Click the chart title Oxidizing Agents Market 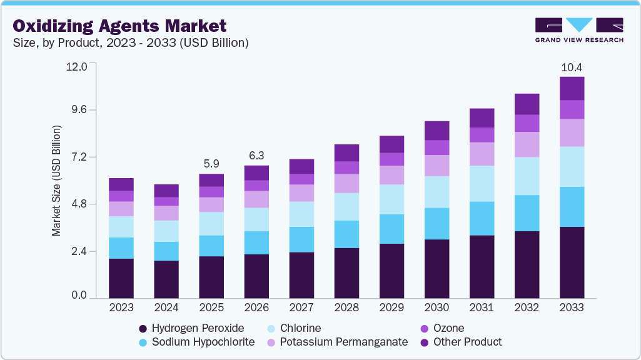coord(119,26)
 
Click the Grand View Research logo coord(579,29)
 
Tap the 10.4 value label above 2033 coord(571,67)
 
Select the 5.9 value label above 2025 coord(211,164)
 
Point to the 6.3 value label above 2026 coord(256,156)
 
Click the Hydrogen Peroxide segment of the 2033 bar coord(572,262)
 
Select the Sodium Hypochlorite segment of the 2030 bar coord(437,223)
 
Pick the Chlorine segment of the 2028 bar coord(346,206)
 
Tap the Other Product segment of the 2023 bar coord(121,184)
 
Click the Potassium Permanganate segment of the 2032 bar coord(527,144)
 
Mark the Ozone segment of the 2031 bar coord(482,134)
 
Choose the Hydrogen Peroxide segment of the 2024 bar coord(166,279)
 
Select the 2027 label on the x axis coord(301,307)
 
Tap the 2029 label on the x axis coord(391,307)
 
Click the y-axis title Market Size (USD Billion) coord(56,181)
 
